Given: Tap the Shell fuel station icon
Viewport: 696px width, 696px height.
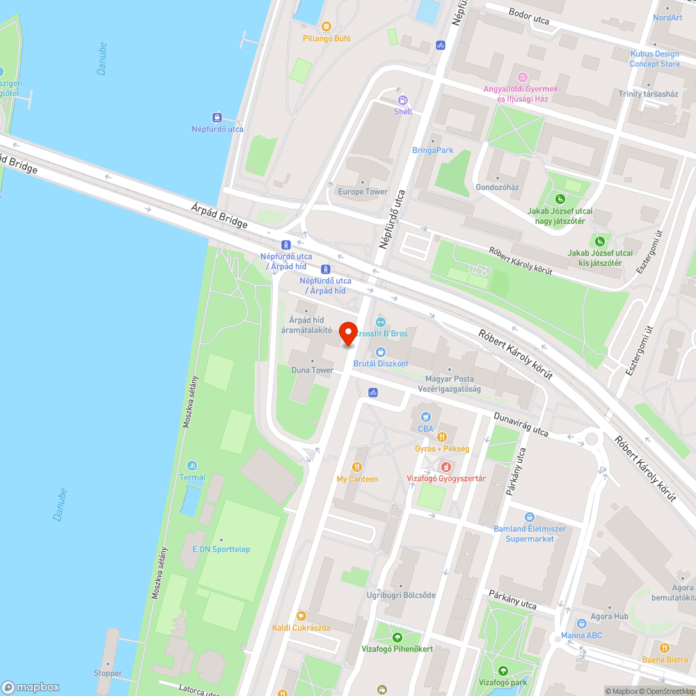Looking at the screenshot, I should tap(402, 100).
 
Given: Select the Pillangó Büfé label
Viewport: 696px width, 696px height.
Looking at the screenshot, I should tap(326, 38).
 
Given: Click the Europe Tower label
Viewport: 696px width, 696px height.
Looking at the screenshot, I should tap(363, 191).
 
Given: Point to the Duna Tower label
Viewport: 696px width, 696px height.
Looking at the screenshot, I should tap(312, 370).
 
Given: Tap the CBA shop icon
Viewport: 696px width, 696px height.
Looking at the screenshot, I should tap(425, 417).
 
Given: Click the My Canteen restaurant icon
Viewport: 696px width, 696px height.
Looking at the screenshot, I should tap(357, 467).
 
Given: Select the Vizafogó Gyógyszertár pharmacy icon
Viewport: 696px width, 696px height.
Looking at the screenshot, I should tap(445, 467).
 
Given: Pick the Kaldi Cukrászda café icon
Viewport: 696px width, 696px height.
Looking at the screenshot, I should tap(301, 616).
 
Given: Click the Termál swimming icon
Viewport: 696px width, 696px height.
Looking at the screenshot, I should tap(192, 465).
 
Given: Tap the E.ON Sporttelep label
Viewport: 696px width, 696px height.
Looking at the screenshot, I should tap(221, 549).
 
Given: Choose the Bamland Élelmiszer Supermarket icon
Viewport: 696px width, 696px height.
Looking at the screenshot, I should tap(530, 517).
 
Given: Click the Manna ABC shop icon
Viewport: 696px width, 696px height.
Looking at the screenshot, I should tap(582, 624).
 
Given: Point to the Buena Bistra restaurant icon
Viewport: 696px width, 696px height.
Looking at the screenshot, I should tap(665, 647).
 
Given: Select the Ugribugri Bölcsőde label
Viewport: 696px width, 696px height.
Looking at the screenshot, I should tap(401, 595).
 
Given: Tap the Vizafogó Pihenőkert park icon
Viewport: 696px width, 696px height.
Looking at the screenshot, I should tap(397, 637).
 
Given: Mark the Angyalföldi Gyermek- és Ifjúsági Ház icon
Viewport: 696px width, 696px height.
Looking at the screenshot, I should tap(522, 77).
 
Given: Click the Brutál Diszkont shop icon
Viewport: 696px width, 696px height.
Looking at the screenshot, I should tap(380, 352).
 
